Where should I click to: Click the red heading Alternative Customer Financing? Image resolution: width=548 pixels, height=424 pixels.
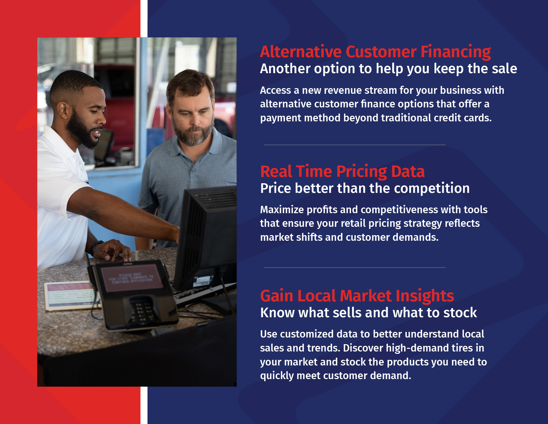[375, 52]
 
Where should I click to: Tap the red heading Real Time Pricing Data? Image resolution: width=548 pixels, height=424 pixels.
[342, 172]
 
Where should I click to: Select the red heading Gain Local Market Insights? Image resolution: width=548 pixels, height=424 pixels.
[357, 296]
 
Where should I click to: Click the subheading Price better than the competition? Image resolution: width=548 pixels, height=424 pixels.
[365, 188]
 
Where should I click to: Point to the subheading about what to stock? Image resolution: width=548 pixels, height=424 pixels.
[368, 313]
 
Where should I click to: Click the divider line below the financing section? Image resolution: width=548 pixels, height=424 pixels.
[355, 145]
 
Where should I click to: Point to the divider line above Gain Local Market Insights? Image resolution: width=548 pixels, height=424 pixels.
[355, 267]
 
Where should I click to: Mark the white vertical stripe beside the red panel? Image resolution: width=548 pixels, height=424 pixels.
[144, 212]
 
